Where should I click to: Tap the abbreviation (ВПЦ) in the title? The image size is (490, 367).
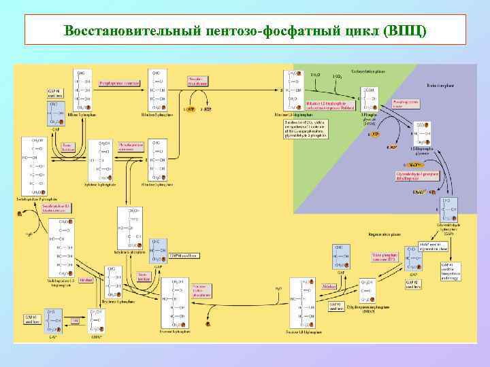click(x=406, y=31)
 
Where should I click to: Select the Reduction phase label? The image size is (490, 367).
click(x=440, y=86)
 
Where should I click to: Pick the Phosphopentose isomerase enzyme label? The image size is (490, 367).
click(x=120, y=84)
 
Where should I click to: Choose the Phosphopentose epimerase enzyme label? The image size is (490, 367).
click(x=130, y=145)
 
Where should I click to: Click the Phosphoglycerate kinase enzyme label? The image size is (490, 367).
click(x=405, y=104)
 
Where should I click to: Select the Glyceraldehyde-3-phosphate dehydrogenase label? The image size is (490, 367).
click(x=417, y=176)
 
